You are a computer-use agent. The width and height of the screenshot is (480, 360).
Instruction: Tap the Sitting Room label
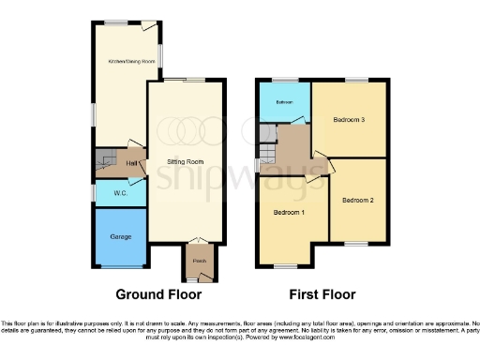click(184, 162)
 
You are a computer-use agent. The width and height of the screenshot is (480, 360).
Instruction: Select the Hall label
click(133, 163)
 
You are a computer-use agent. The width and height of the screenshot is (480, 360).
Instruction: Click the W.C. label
click(120, 193)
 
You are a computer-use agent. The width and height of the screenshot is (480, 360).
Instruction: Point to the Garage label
click(120, 235)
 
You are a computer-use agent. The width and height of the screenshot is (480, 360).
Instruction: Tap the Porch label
click(199, 260)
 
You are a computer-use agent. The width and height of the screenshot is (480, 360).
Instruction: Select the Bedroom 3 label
click(348, 119)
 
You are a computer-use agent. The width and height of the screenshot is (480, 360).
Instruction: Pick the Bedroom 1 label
click(289, 213)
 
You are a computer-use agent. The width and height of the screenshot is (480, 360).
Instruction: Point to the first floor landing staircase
click(268, 153)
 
